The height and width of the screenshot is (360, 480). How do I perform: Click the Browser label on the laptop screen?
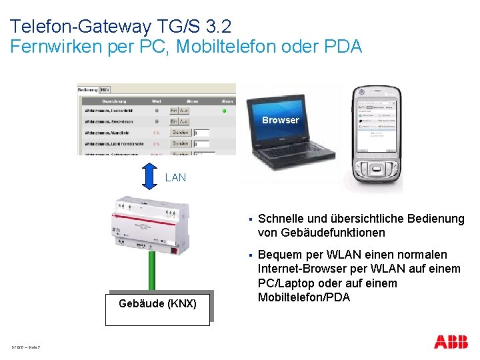[280, 120]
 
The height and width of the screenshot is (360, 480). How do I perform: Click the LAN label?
[176, 178]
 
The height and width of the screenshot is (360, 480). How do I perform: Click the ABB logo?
[451, 342]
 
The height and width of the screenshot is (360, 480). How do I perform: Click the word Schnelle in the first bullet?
[279, 219]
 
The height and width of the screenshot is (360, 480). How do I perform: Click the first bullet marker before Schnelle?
[248, 219]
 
